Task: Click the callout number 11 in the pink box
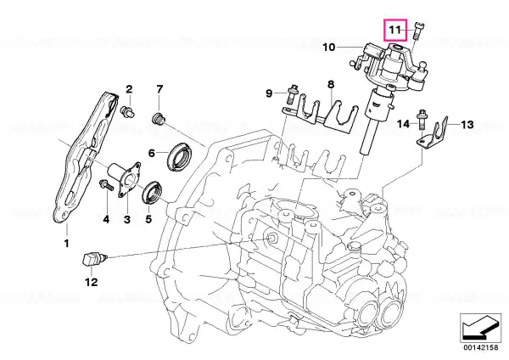pos(395,30)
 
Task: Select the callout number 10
pos(329,48)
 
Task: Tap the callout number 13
pos(467,125)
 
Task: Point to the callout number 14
pos(404,124)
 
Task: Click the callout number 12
pos(92,282)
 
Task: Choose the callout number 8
pos(331,84)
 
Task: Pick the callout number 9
pos(269,93)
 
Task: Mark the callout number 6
pos(152,153)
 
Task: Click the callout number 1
pos(66,243)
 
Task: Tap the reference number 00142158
pos(481,347)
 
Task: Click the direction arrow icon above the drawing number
pos(480,328)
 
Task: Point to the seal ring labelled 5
pos(152,194)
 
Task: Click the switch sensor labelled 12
pos(93,259)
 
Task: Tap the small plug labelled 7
pos(159,119)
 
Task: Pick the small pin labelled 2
pos(128,111)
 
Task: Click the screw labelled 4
pos(106,184)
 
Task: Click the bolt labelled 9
pos(293,93)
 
